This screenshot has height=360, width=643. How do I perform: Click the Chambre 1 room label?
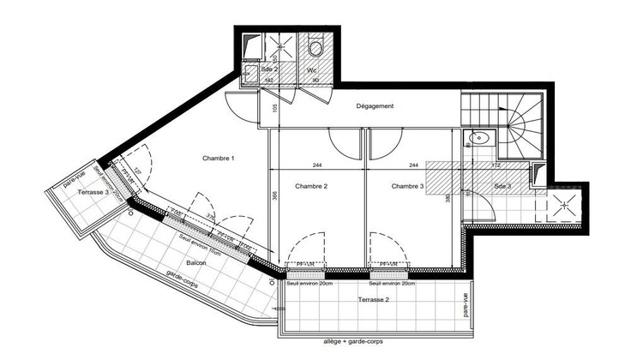219,159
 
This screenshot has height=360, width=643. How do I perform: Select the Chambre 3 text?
409,186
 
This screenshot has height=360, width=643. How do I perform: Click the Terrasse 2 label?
373,299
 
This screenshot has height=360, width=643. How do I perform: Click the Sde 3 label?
503,186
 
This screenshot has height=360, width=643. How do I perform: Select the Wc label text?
313,70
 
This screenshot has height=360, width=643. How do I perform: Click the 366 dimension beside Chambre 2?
275,195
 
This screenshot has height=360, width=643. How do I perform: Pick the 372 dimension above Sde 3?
496,165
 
